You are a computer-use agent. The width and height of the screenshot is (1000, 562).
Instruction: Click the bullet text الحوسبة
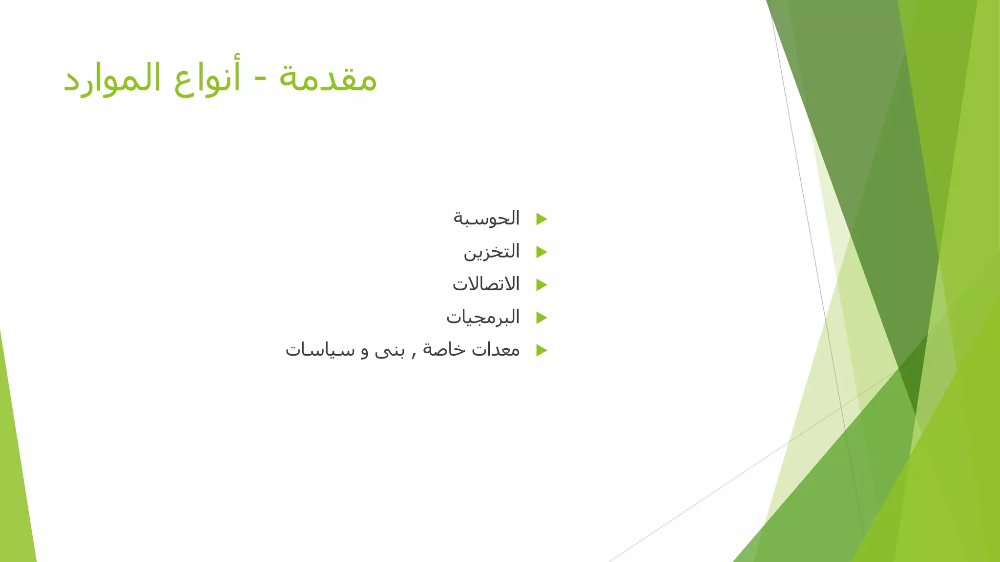pos(486,219)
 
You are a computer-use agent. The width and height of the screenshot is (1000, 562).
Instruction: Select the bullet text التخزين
pos(491,252)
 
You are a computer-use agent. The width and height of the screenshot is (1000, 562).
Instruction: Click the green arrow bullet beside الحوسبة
pos(541,219)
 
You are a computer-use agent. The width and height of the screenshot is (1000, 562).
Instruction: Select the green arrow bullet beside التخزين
pos(541,252)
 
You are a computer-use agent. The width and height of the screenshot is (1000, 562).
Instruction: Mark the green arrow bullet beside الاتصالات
pos(541,285)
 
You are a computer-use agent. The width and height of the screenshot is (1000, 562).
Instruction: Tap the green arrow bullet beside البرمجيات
pos(541,318)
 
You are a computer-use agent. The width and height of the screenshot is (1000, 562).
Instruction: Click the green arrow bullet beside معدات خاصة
pos(541,350)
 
